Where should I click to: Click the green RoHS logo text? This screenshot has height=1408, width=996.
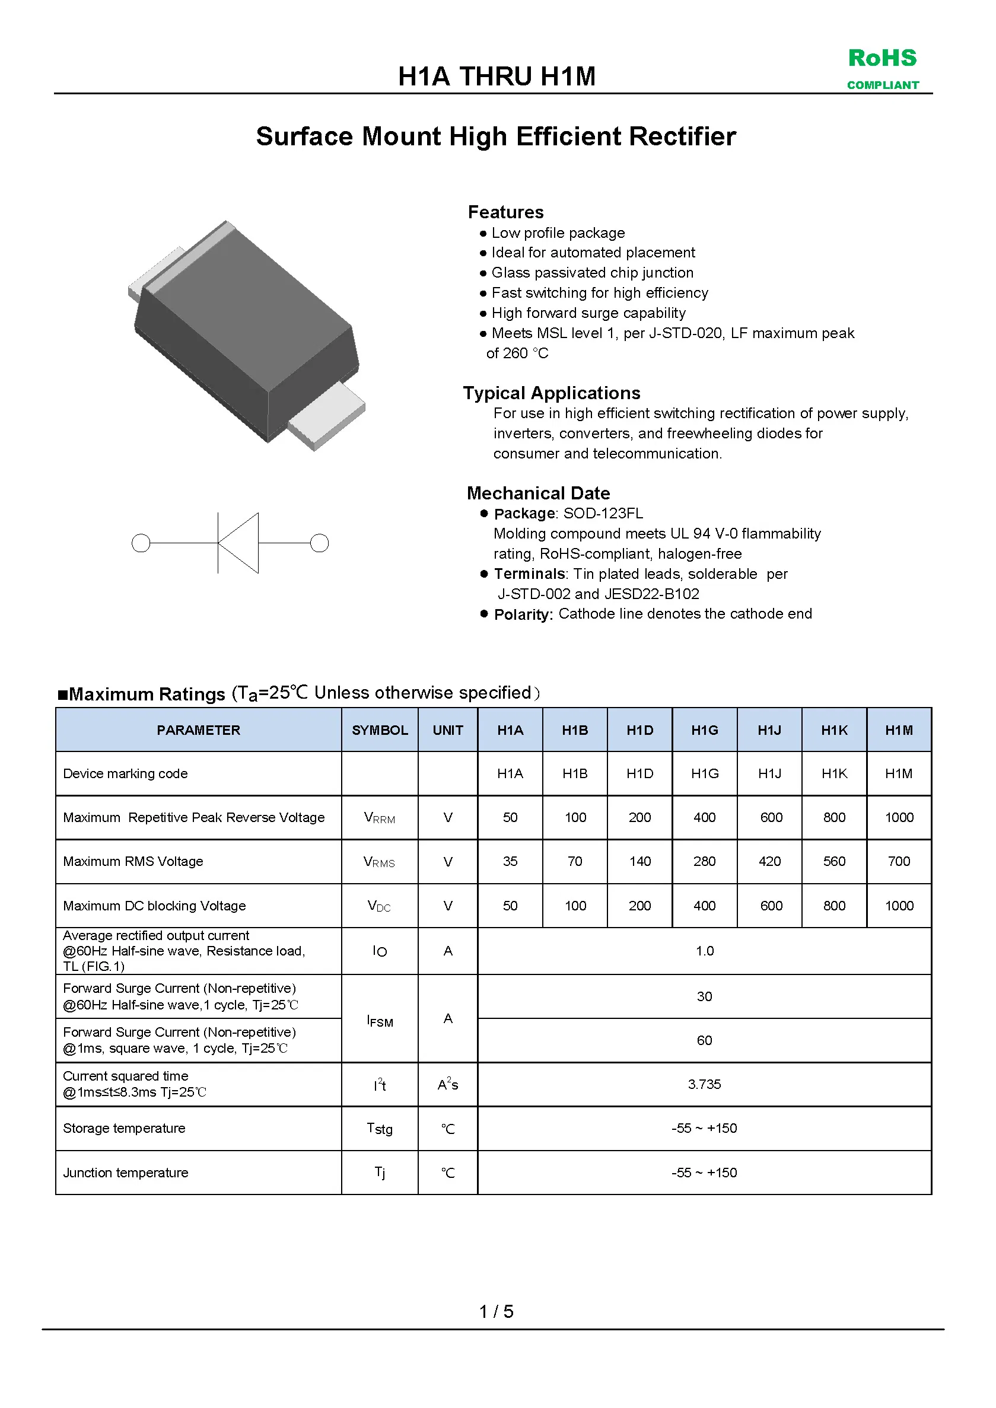882,58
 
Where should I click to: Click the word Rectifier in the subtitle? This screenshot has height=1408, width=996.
682,136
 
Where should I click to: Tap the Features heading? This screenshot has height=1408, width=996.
505,212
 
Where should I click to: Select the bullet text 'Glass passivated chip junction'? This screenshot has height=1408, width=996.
592,273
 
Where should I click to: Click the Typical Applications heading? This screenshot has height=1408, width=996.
551,393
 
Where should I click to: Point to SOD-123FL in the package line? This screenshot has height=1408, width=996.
603,513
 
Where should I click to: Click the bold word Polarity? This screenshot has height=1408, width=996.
523,614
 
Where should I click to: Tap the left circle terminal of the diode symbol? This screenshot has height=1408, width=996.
141,543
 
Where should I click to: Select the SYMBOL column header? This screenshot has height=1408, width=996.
380,730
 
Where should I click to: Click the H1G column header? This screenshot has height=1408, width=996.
704,730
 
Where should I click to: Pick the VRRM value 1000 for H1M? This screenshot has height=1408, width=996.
899,817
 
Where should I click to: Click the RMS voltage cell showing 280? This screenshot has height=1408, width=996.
704,862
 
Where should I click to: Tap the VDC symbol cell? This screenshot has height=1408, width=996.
379,906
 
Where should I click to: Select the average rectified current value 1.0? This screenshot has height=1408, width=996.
704,951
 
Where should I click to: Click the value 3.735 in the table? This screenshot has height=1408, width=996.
704,1085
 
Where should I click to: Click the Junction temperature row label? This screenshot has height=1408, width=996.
126,1173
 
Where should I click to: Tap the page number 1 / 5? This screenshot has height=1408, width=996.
496,1312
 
